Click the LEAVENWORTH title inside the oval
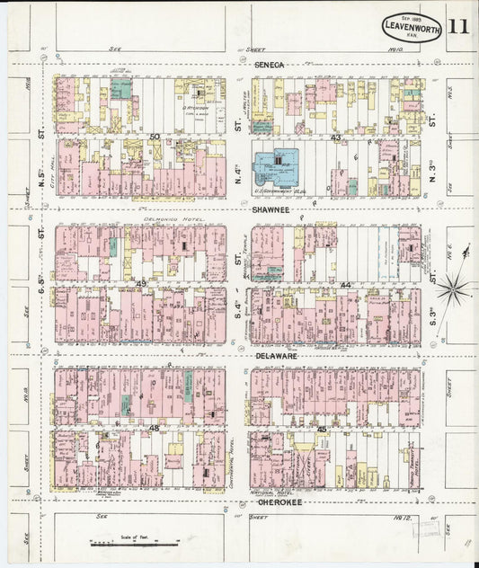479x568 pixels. click(412, 26)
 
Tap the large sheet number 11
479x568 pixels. click(458, 25)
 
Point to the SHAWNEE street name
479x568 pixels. click(270, 210)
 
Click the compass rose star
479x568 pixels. click(455, 288)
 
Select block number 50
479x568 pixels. click(155, 137)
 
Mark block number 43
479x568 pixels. click(334, 138)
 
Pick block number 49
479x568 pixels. click(141, 284)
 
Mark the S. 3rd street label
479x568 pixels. click(432, 315)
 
